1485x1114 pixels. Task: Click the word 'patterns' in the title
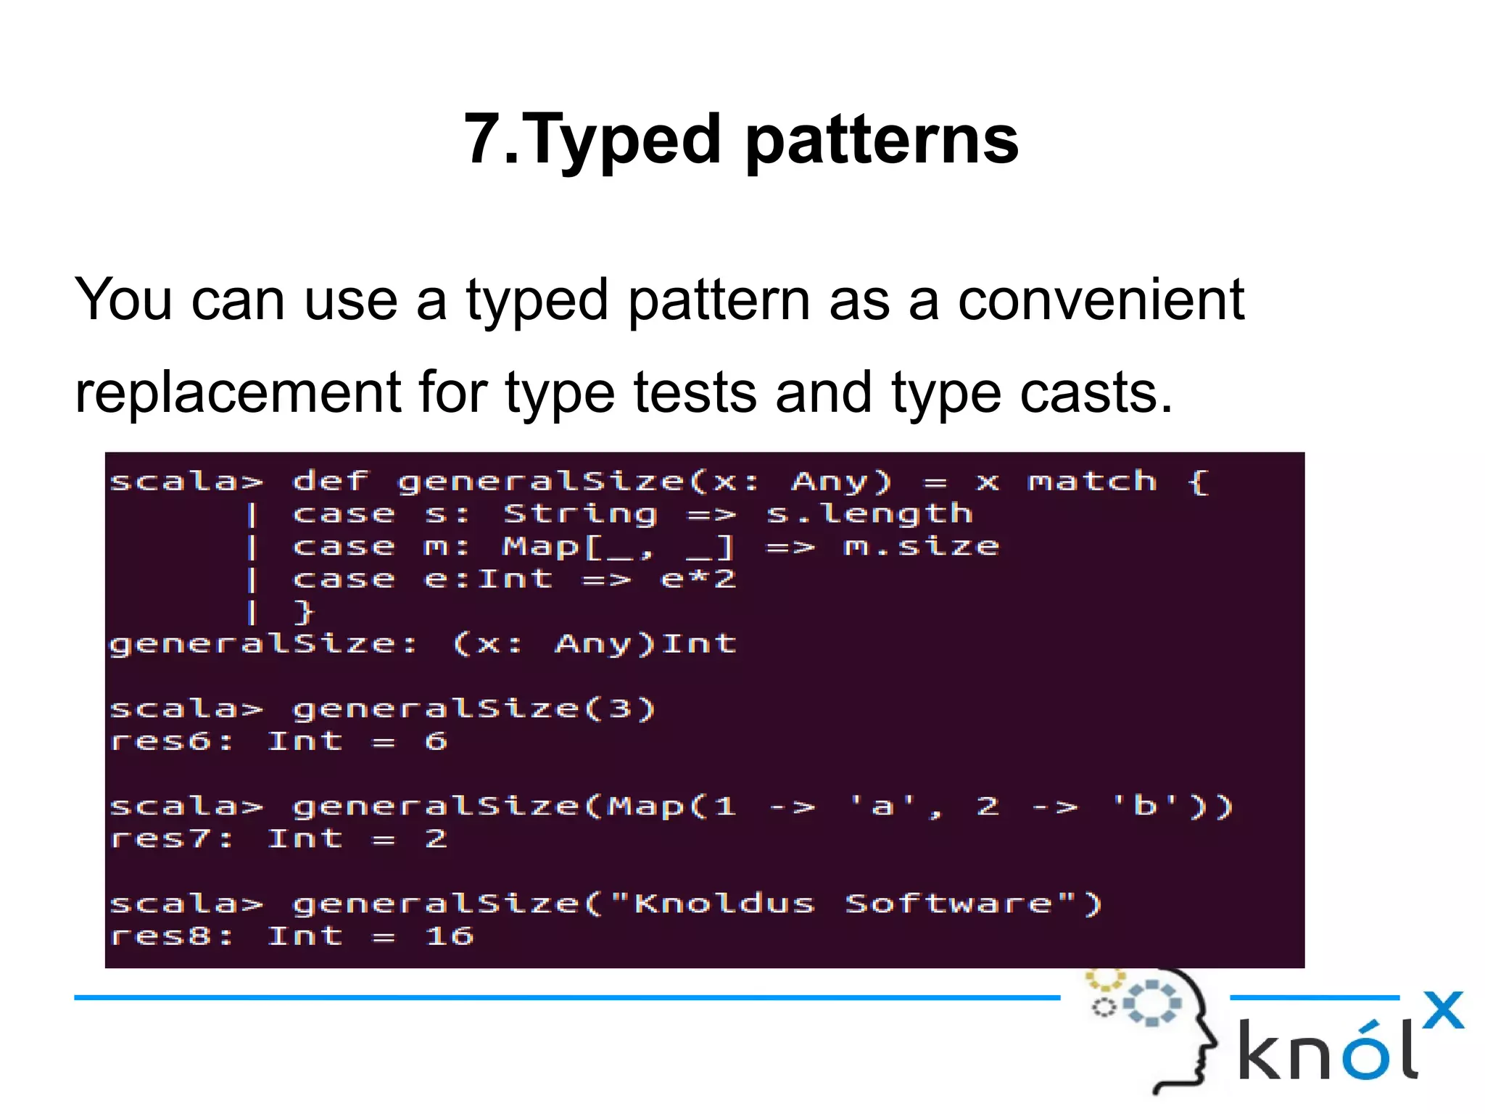point(882,141)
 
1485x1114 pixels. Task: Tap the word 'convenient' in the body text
point(1100,300)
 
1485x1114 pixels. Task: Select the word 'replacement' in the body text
point(238,393)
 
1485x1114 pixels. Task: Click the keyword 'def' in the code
point(331,482)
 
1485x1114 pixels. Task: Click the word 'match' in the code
point(1092,482)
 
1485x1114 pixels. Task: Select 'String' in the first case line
point(580,514)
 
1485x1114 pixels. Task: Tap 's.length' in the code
point(869,514)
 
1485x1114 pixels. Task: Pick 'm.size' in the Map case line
point(922,547)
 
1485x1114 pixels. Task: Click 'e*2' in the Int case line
point(698,579)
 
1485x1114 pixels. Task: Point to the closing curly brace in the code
point(304,612)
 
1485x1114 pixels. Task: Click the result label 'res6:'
point(172,742)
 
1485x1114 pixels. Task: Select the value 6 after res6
point(436,742)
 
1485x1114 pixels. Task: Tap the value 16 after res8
point(450,936)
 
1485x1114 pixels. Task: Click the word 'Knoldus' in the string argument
point(724,904)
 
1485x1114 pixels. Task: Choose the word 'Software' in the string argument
point(948,904)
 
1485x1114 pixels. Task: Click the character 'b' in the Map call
point(1145,806)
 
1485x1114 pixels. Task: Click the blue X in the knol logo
point(1443,1009)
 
